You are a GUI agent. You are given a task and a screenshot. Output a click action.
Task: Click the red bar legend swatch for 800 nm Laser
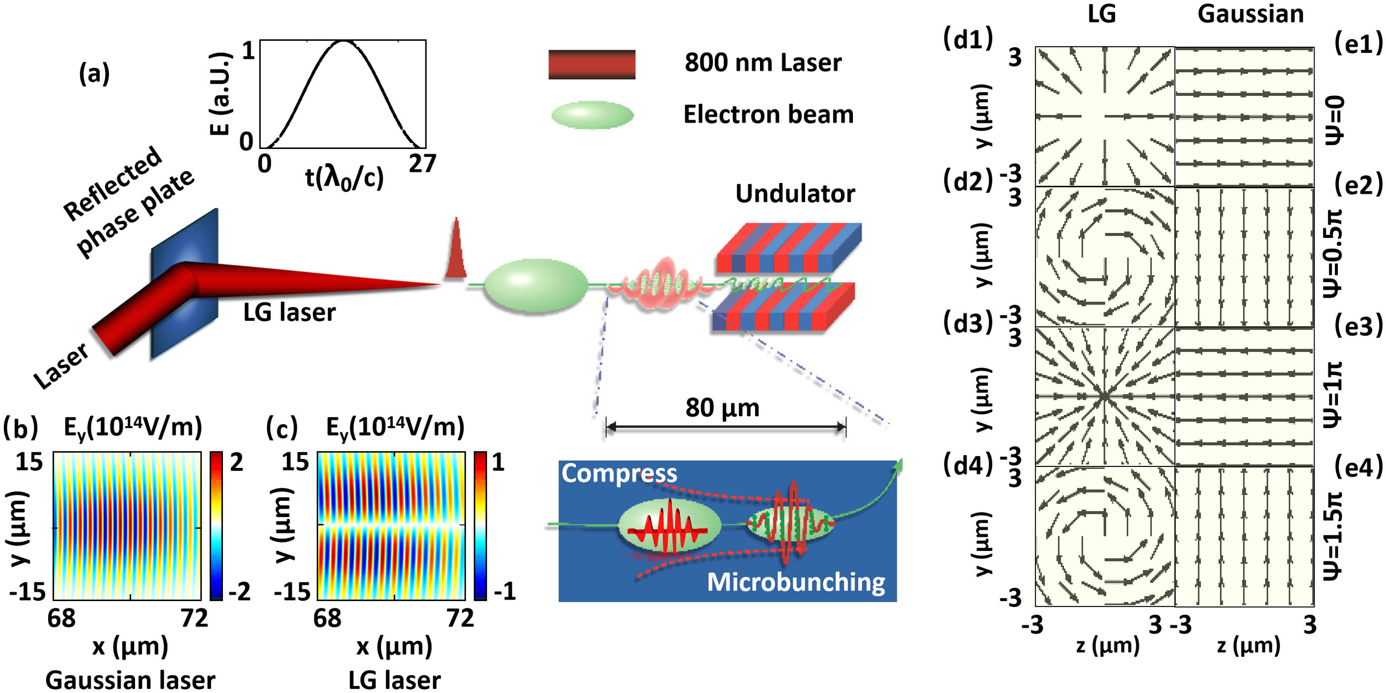click(x=592, y=65)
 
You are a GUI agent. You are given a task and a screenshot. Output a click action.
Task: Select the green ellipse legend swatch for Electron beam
click(x=592, y=115)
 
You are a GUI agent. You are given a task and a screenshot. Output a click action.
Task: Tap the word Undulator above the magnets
click(x=795, y=194)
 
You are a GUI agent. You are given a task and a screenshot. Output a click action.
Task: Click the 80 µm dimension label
click(x=723, y=408)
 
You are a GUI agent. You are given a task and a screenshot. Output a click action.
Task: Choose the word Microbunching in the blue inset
click(x=796, y=582)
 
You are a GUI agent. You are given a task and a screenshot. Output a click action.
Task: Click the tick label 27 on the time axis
click(x=422, y=163)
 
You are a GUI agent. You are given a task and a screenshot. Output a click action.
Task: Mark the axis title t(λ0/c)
click(x=345, y=178)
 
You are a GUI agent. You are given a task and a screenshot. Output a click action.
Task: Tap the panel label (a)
click(x=94, y=74)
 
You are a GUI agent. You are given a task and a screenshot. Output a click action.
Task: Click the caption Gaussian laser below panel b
click(x=130, y=680)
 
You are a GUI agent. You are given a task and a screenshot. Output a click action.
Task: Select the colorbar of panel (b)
click(x=216, y=526)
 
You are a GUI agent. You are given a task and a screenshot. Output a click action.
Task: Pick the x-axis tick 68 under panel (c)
click(x=327, y=618)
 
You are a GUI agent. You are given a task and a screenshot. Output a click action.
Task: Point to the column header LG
click(x=1102, y=13)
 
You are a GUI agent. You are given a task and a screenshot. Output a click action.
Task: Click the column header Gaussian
click(x=1250, y=14)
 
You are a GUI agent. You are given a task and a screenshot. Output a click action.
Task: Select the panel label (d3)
click(x=968, y=323)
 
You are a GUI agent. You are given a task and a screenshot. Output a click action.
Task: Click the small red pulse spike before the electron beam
click(x=456, y=248)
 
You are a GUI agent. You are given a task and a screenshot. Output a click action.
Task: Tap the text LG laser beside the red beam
click(x=289, y=313)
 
